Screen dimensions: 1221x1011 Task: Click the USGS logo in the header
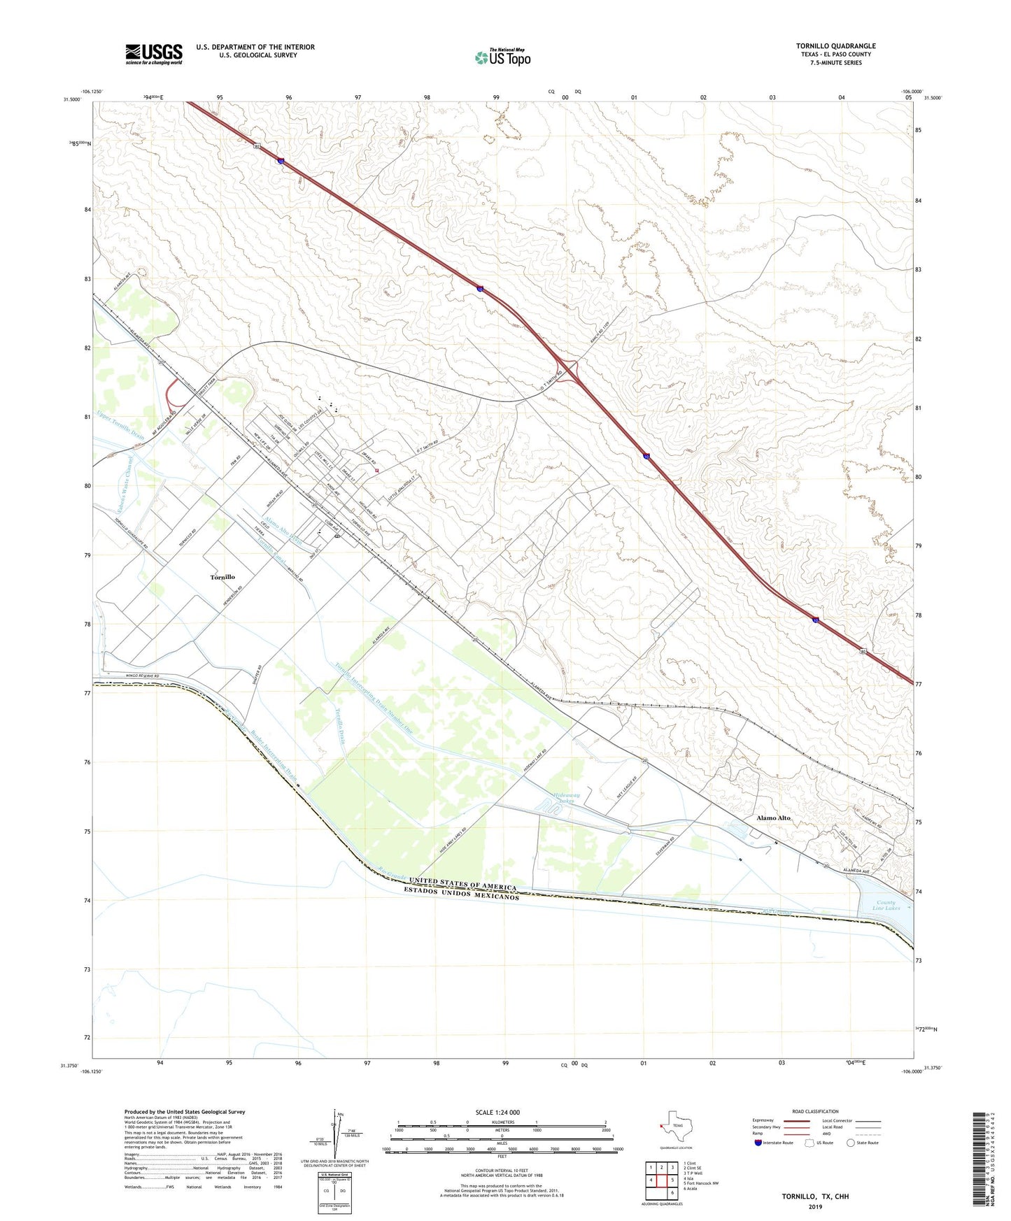[x=154, y=54]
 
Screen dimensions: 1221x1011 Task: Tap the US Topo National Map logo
[x=502, y=57]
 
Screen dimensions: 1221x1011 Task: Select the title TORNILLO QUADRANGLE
[x=835, y=46]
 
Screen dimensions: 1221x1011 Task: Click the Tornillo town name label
[x=222, y=577]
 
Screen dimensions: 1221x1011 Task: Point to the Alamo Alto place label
[x=773, y=817]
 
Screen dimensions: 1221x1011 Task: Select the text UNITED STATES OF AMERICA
[x=462, y=883]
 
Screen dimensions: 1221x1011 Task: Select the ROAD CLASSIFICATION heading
[x=815, y=1111]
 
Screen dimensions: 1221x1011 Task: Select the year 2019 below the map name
[x=814, y=1207]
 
